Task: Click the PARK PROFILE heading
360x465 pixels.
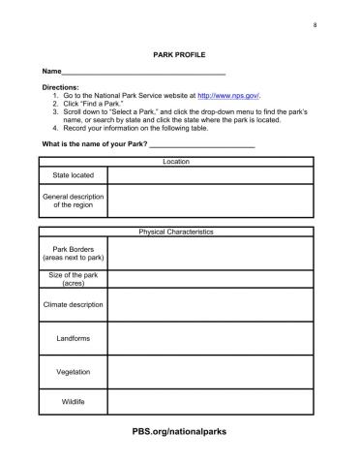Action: point(179,56)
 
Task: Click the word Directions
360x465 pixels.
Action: point(60,88)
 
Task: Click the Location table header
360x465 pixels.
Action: point(176,161)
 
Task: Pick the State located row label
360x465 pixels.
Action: point(73,175)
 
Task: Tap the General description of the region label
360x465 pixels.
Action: point(73,201)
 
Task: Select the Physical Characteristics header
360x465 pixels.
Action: point(176,232)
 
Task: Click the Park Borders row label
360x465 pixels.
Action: point(73,253)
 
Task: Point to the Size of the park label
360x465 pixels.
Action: point(73,279)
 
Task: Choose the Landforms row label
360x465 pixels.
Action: point(73,338)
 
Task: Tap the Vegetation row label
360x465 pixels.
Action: point(73,371)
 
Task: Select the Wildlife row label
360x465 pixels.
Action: point(73,400)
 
